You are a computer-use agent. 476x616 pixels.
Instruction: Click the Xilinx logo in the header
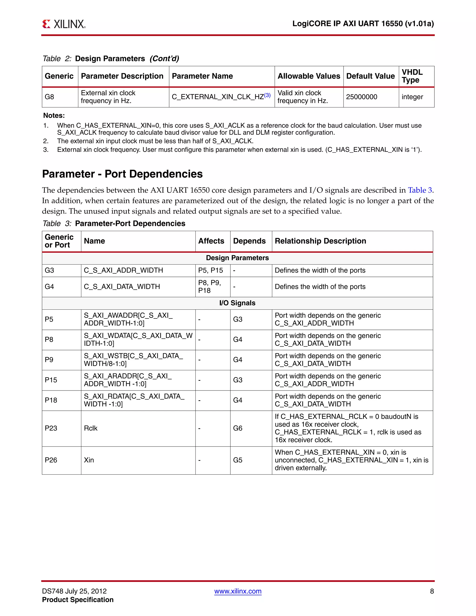tap(64, 24)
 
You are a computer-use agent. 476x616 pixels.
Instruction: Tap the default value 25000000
tap(361, 97)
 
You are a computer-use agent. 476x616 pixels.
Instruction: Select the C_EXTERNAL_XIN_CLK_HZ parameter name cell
tap(221, 97)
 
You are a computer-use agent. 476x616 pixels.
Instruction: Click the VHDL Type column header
tap(412, 76)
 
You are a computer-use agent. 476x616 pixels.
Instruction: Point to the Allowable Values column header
tap(309, 76)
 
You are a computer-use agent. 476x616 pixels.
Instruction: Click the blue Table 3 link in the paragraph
tap(420, 190)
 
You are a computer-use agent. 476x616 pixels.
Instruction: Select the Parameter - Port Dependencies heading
tap(122, 174)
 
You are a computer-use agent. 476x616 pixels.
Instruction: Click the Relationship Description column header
tap(320, 241)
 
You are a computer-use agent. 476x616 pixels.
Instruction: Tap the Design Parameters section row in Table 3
tap(237, 258)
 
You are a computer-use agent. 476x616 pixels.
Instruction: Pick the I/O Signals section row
tap(237, 303)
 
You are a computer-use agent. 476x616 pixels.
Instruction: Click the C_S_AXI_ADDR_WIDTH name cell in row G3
tap(123, 271)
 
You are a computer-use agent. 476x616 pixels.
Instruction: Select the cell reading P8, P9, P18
tap(209, 287)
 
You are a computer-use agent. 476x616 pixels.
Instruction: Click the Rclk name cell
tap(90, 428)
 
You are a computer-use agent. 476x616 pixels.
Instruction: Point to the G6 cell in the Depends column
tap(238, 428)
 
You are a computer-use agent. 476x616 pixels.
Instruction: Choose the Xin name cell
tap(89, 460)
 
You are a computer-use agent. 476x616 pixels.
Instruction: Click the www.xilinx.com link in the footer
tap(238, 591)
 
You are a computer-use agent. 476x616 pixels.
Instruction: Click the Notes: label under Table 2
tap(54, 116)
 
